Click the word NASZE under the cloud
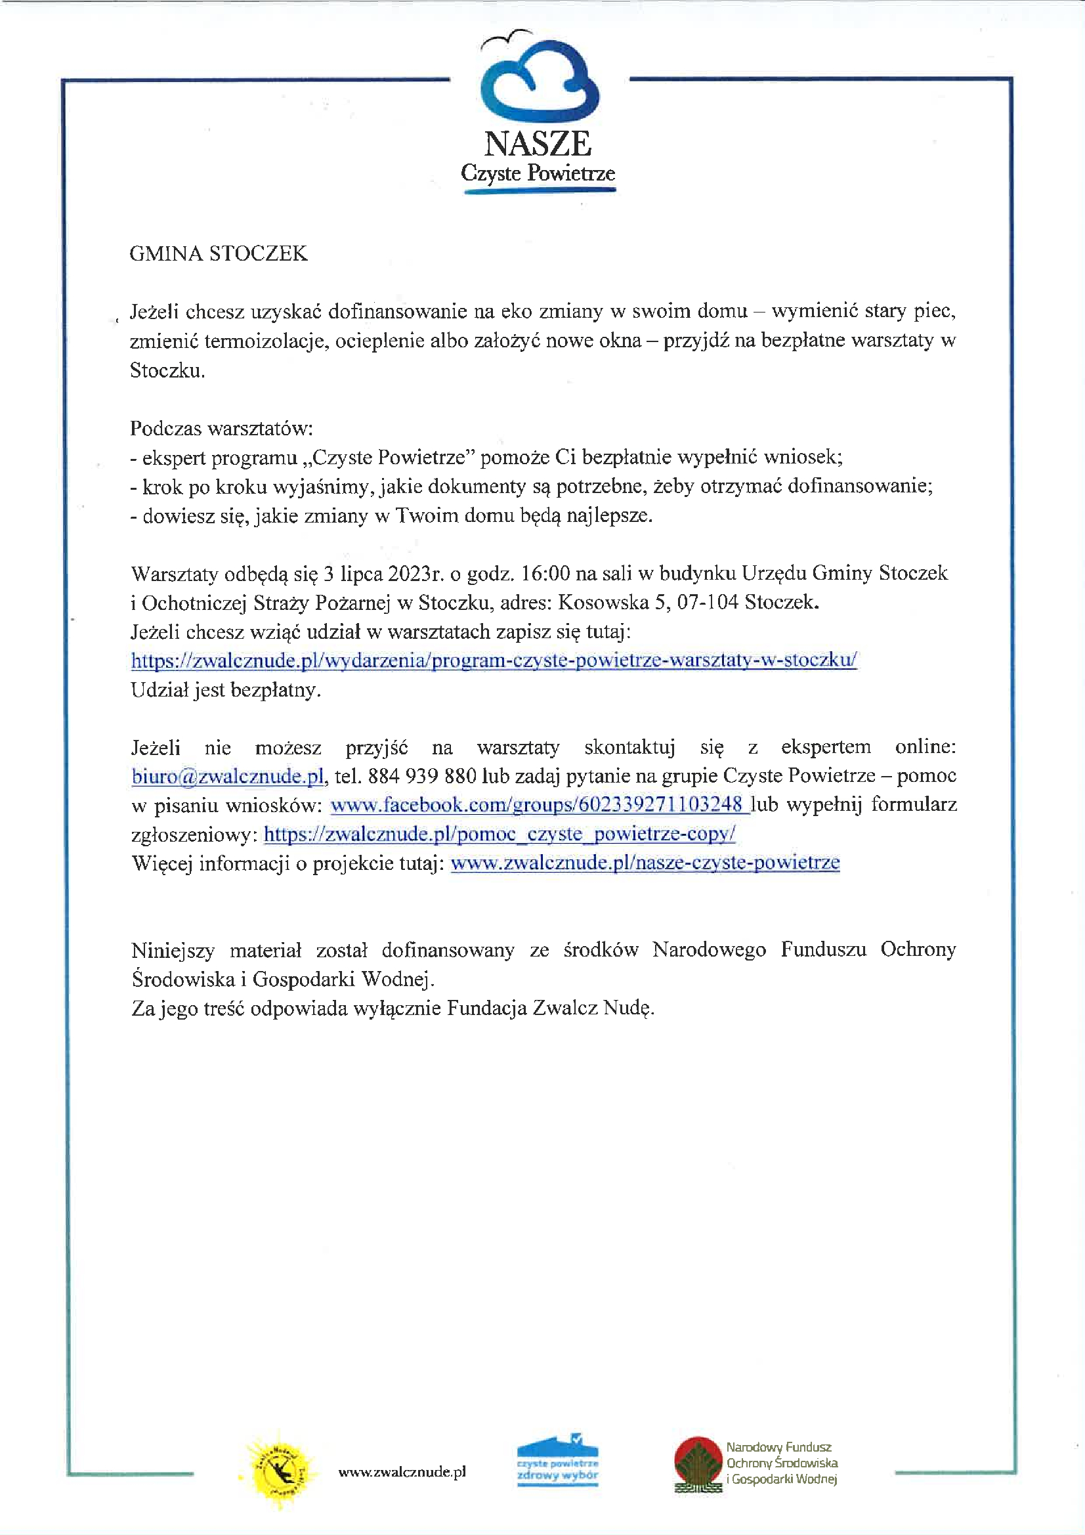pos(538,144)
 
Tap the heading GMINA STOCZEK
pos(218,253)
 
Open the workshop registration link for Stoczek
pos(494,660)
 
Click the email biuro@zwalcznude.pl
pos(228,776)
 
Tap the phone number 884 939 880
pos(422,776)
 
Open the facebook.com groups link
pos(539,805)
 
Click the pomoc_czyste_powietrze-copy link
pos(500,834)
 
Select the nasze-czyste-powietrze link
pos(645,863)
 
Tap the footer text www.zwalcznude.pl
pos(402,1471)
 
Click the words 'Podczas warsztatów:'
pos(221,428)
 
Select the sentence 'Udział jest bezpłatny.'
pos(226,690)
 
